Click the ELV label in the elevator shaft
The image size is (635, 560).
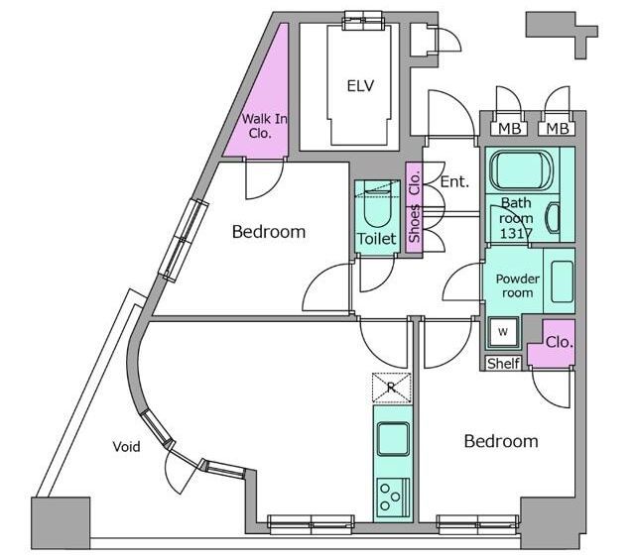pos(360,86)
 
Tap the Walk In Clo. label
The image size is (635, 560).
pos(265,126)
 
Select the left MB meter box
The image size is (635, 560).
pos(509,129)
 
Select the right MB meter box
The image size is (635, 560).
pos(557,129)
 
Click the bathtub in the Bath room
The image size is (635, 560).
pos(520,169)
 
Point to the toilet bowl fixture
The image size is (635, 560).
pos(377,208)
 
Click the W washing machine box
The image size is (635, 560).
pos(503,332)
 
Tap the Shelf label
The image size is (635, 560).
pos(503,364)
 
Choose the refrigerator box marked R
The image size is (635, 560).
pos(391,388)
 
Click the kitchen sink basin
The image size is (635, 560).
pos(393,439)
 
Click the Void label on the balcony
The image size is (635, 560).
pos(126,447)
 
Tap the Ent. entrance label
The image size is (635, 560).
pos(454,182)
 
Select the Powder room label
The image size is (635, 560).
pos(518,285)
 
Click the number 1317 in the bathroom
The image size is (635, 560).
pos(516,234)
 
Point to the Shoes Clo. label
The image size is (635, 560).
pos(415,207)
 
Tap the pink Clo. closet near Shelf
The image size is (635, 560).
pos(554,344)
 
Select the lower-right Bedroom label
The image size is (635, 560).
pos(501,441)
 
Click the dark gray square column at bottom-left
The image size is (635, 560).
pos(61,522)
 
